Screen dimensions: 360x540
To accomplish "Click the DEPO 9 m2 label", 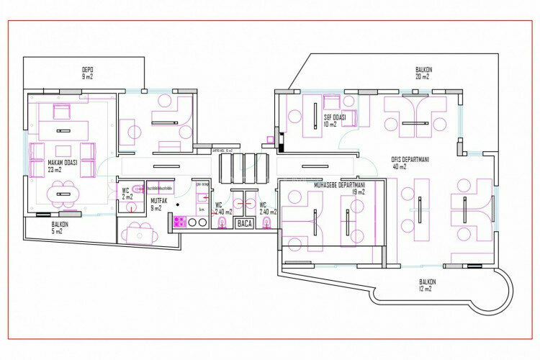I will click(x=88, y=73).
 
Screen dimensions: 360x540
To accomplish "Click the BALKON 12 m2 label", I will click(x=429, y=284).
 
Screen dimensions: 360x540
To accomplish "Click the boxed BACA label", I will click(x=245, y=224).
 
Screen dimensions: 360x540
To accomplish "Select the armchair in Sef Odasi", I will click(x=332, y=102).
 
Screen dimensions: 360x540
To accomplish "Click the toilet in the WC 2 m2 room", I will click(x=129, y=210).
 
